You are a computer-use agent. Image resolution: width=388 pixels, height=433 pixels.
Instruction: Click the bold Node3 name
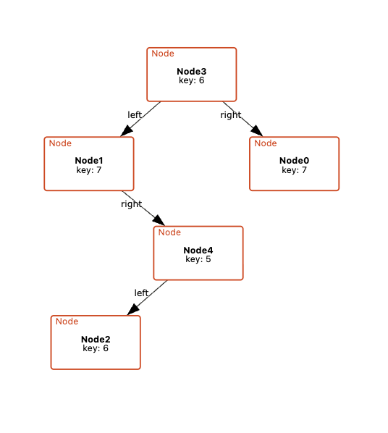click(191, 72)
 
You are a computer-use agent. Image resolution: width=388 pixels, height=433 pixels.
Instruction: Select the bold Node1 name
click(89, 161)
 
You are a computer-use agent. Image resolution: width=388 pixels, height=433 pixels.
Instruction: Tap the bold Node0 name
click(294, 161)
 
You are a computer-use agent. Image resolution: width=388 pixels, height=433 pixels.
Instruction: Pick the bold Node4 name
click(198, 251)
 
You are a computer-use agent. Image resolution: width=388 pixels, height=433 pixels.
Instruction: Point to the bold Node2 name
click(96, 339)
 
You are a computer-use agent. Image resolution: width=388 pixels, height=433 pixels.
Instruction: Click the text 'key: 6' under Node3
click(191, 80)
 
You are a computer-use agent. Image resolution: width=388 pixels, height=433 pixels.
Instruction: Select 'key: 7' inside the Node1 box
click(89, 170)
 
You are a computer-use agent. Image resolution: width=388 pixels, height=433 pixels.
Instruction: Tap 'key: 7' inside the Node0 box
click(294, 170)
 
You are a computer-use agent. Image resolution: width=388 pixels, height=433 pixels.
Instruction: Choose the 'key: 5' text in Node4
click(198, 259)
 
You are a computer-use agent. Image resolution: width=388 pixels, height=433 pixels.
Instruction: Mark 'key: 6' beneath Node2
click(96, 348)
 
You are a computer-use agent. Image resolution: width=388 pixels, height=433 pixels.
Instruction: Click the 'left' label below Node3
click(135, 115)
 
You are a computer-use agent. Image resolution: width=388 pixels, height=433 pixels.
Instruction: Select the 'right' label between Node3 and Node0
click(231, 115)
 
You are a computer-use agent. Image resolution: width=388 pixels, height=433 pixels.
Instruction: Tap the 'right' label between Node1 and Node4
click(132, 204)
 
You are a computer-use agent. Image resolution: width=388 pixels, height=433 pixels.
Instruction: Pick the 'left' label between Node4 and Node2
click(141, 293)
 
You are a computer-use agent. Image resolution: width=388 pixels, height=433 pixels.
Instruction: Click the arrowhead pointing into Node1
click(127, 130)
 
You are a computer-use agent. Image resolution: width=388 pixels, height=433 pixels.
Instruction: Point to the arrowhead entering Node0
click(257, 130)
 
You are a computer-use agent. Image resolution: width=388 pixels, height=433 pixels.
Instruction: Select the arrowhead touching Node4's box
click(159, 220)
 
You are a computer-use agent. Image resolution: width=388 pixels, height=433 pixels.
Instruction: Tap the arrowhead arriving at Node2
click(133, 309)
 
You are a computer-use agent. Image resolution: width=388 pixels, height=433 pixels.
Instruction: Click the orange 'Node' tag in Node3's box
click(163, 54)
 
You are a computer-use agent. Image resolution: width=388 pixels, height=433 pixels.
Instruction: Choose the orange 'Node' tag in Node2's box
click(67, 321)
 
